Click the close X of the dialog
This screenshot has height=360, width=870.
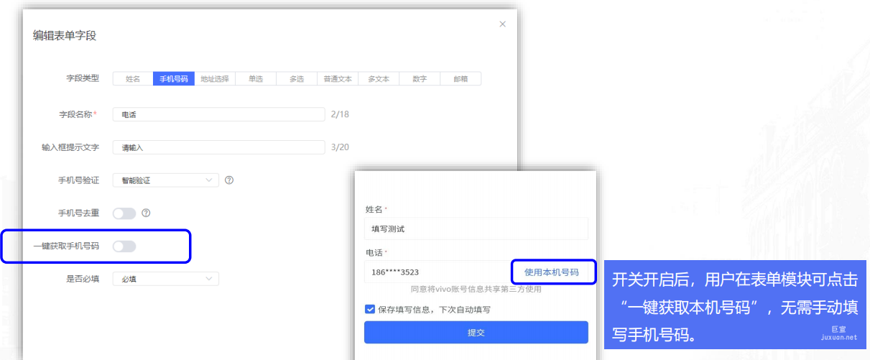(502, 24)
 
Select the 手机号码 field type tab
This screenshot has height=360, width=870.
(173, 79)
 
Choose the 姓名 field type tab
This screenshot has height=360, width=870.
(132, 79)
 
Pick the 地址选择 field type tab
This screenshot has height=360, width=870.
(215, 79)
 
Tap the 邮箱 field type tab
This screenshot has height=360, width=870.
(461, 79)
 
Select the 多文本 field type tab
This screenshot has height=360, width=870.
(379, 79)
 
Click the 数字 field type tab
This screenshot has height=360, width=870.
(420, 79)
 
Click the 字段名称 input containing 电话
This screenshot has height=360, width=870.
(218, 114)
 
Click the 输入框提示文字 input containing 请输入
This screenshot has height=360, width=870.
(218, 147)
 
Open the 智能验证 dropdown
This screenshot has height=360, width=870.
(165, 180)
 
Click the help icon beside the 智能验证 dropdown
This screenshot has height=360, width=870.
(229, 180)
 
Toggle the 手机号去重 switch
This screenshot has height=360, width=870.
(124, 213)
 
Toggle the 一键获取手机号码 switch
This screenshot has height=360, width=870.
(124, 246)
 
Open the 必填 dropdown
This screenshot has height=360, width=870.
(165, 279)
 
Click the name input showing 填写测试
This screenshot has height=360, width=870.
(476, 229)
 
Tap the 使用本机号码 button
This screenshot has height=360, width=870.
(552, 272)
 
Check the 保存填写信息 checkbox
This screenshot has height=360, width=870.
(370, 310)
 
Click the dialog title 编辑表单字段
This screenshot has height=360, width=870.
(65, 35)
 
